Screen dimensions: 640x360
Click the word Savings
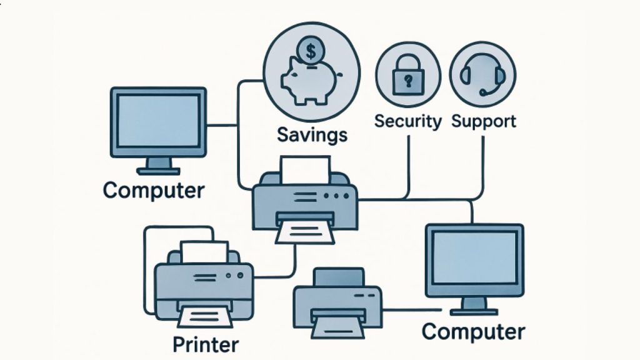[312, 135]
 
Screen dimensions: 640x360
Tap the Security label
[407, 121]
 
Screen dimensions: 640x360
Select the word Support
[484, 122]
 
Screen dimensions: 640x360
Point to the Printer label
[206, 344]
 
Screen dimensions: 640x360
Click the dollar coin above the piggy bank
[311, 51]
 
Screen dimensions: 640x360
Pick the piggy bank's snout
[285, 79]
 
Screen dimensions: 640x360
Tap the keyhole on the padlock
[408, 81]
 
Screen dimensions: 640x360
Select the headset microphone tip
[482, 93]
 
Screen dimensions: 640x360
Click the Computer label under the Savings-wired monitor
[154, 191]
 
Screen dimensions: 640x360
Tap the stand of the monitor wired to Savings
[158, 166]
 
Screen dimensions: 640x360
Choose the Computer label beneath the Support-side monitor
[474, 332]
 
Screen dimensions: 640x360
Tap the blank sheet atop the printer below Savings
[305, 170]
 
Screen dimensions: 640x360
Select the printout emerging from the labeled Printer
[205, 317]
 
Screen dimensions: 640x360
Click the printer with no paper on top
[338, 303]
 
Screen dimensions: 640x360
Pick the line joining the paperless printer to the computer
[412, 310]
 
